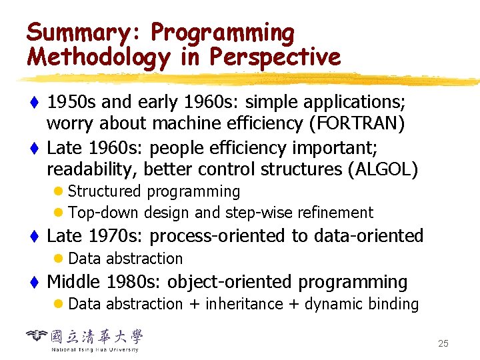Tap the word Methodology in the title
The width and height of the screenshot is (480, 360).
point(98,57)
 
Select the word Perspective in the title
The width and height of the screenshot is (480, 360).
point(275,57)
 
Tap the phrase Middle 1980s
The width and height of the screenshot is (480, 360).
point(103,282)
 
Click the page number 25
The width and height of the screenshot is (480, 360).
point(443,343)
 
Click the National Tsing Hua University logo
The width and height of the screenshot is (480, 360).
point(85,339)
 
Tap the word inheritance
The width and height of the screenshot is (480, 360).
point(244,305)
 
